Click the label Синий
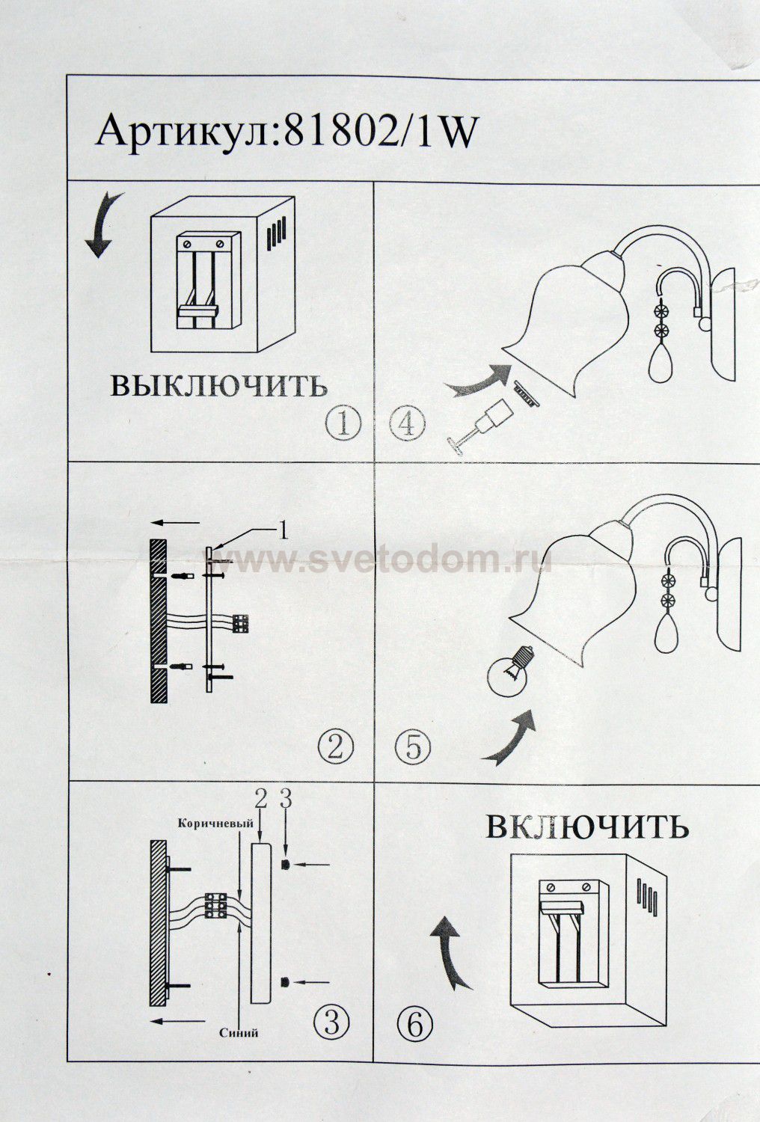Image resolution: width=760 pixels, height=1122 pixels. pos(239,1033)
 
